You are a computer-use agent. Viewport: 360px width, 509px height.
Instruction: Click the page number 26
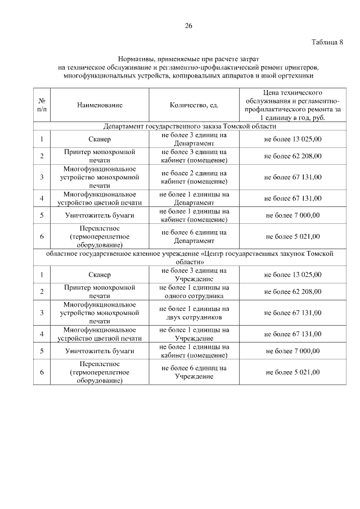click(188, 26)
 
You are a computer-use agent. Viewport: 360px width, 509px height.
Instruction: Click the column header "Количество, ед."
click(194, 105)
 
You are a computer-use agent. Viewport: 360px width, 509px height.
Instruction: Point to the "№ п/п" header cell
click(42, 105)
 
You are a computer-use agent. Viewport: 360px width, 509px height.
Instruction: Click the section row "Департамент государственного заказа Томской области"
click(188, 127)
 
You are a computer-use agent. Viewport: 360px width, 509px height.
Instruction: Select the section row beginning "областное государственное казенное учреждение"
click(188, 258)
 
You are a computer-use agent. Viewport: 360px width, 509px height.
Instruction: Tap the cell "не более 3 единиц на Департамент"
click(194, 139)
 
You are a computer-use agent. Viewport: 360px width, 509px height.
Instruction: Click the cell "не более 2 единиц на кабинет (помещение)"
click(194, 177)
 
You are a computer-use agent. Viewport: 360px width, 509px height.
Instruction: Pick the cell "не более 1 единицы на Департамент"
click(194, 199)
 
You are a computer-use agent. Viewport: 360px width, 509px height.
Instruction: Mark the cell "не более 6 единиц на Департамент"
click(194, 237)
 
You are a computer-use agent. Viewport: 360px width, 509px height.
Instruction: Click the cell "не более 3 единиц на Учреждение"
click(194, 274)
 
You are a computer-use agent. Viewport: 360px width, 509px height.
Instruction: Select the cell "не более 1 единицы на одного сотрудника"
click(194, 291)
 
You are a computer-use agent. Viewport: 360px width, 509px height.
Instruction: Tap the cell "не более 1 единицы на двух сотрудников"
click(194, 313)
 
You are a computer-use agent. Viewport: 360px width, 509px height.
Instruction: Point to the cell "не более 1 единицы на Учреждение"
click(194, 334)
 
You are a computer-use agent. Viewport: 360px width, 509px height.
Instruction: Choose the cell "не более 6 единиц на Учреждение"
click(194, 372)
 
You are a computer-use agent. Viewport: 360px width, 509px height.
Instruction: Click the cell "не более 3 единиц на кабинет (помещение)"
click(194, 156)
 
